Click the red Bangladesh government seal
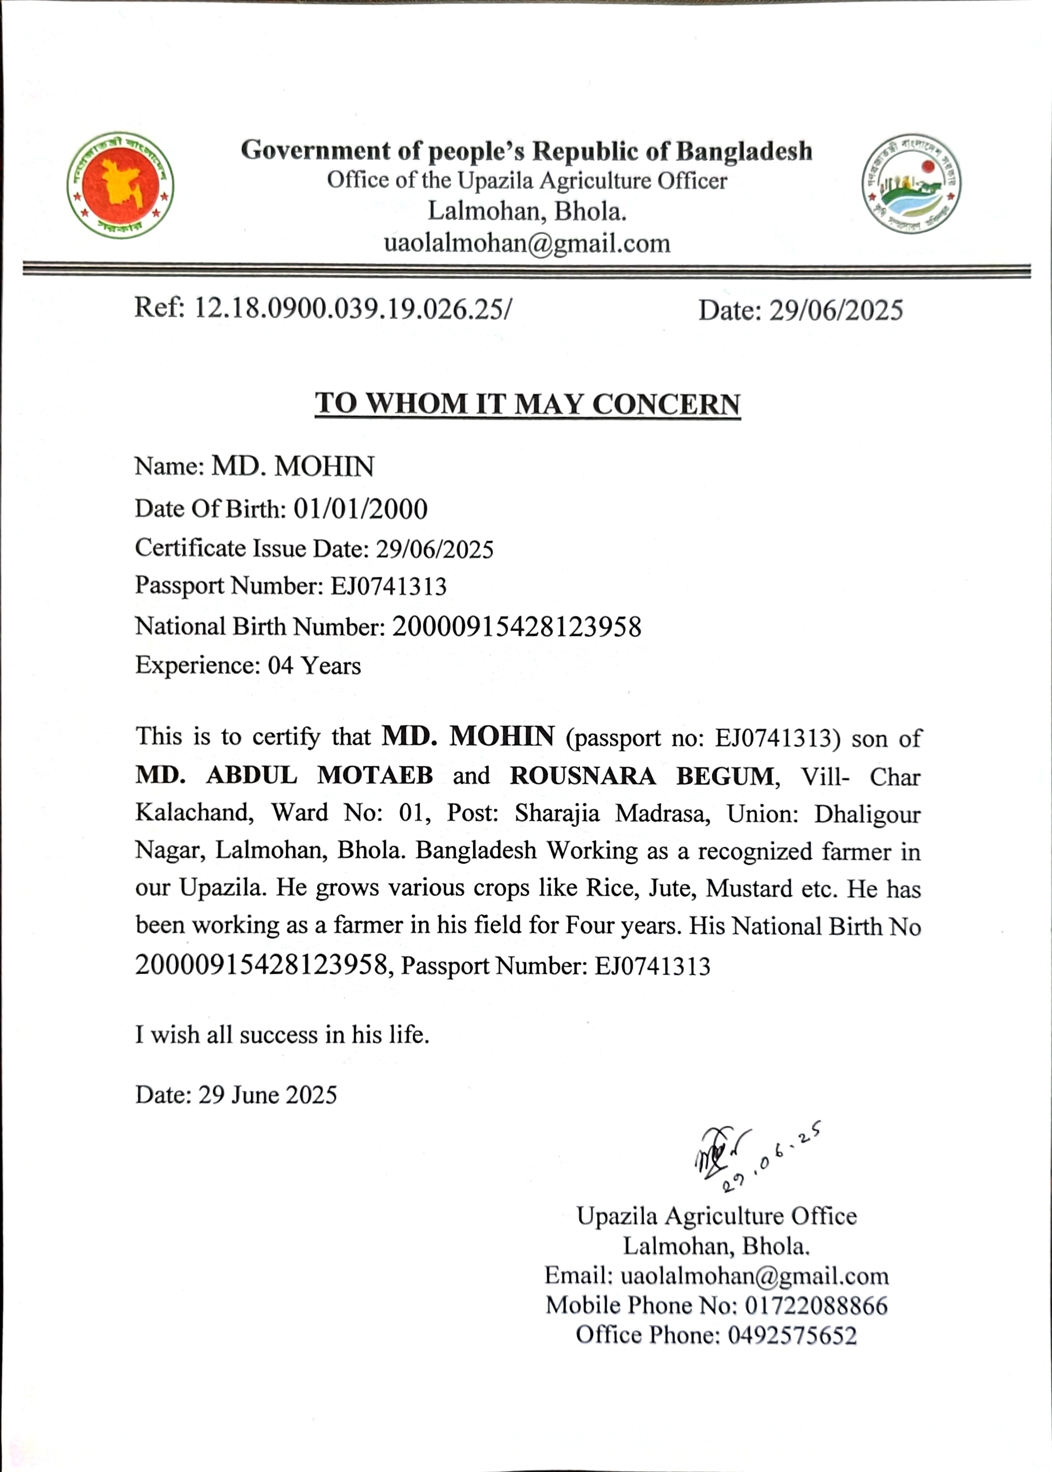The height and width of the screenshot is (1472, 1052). pos(120,185)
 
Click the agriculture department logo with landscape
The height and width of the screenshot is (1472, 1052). pos(911,184)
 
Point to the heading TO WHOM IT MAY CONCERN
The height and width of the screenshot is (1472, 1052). pos(527,403)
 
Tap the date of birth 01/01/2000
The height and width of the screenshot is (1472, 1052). pos(361,509)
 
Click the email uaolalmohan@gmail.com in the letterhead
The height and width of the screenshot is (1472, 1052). pos(527,244)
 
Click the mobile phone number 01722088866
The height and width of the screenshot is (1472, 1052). pos(816,1305)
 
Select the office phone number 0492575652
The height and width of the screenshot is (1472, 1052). pos(791,1336)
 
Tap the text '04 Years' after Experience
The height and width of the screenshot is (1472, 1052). pos(314,665)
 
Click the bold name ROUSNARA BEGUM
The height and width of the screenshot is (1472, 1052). pos(642,776)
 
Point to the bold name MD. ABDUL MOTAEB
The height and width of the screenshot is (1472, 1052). pos(284,775)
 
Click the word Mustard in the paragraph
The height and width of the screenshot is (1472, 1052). pos(749,888)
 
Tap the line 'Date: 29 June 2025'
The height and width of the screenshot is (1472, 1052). pos(236,1095)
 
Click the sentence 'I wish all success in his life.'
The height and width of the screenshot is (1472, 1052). pos(282,1035)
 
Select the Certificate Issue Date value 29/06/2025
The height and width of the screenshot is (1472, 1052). pos(435,550)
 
